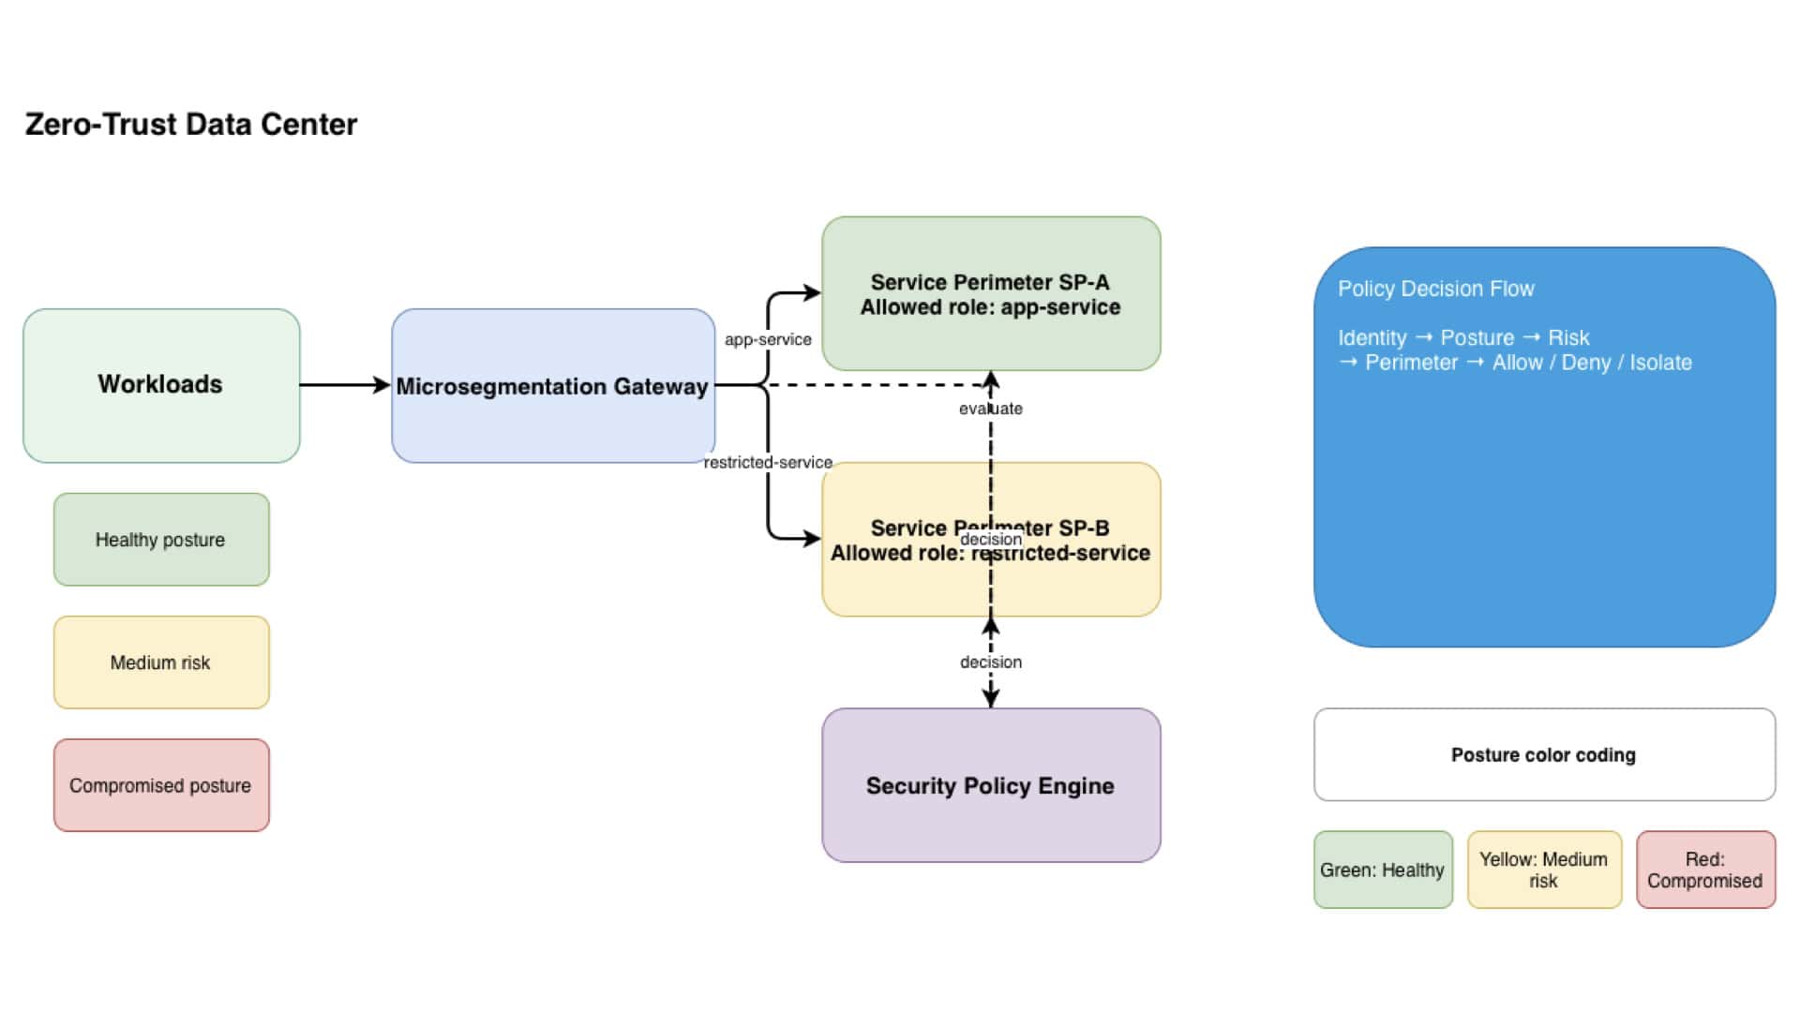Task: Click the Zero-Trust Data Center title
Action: (191, 125)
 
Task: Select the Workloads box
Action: (161, 385)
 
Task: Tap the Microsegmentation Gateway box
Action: (553, 385)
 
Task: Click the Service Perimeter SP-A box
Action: (991, 293)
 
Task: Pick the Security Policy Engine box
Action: (991, 785)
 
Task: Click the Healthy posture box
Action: (161, 540)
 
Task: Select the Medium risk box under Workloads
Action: (161, 662)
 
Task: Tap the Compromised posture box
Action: (161, 785)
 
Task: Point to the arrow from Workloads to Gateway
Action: (345, 385)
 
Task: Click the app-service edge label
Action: (768, 339)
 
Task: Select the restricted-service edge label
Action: (768, 462)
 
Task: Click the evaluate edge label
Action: (991, 409)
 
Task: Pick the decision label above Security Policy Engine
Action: (991, 662)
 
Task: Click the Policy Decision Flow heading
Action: (1435, 289)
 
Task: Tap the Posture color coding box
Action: (1544, 754)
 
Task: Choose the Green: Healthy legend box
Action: (1383, 870)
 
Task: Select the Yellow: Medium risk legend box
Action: (1544, 870)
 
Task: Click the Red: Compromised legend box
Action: (1705, 870)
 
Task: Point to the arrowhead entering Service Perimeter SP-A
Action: (812, 293)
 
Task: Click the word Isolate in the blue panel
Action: (1660, 363)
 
